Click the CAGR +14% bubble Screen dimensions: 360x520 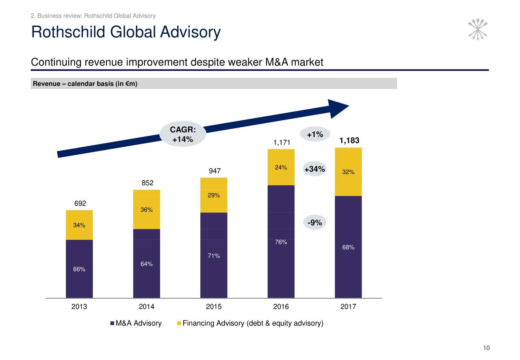tap(183, 134)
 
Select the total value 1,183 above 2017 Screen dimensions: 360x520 tap(349, 141)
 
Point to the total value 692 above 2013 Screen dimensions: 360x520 tap(80, 203)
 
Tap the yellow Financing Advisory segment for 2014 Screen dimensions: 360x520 tap(146, 209)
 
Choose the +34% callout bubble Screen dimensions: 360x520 tap(314, 169)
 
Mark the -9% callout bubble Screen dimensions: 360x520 tap(314, 223)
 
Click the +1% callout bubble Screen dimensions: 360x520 tap(315, 134)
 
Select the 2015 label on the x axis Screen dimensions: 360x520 tap(214, 307)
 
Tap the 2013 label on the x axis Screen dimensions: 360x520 tap(79, 307)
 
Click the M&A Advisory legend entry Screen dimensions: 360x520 tap(136, 323)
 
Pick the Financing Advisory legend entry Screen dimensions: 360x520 tap(250, 323)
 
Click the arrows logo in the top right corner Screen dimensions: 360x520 tap(478, 29)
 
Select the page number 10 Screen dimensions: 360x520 tap(486, 348)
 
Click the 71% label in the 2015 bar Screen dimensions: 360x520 tap(214, 256)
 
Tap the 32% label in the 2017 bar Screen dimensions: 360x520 tap(348, 172)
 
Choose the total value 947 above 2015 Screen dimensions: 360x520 tap(214, 171)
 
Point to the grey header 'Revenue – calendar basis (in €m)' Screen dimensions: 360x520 tap(85, 84)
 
